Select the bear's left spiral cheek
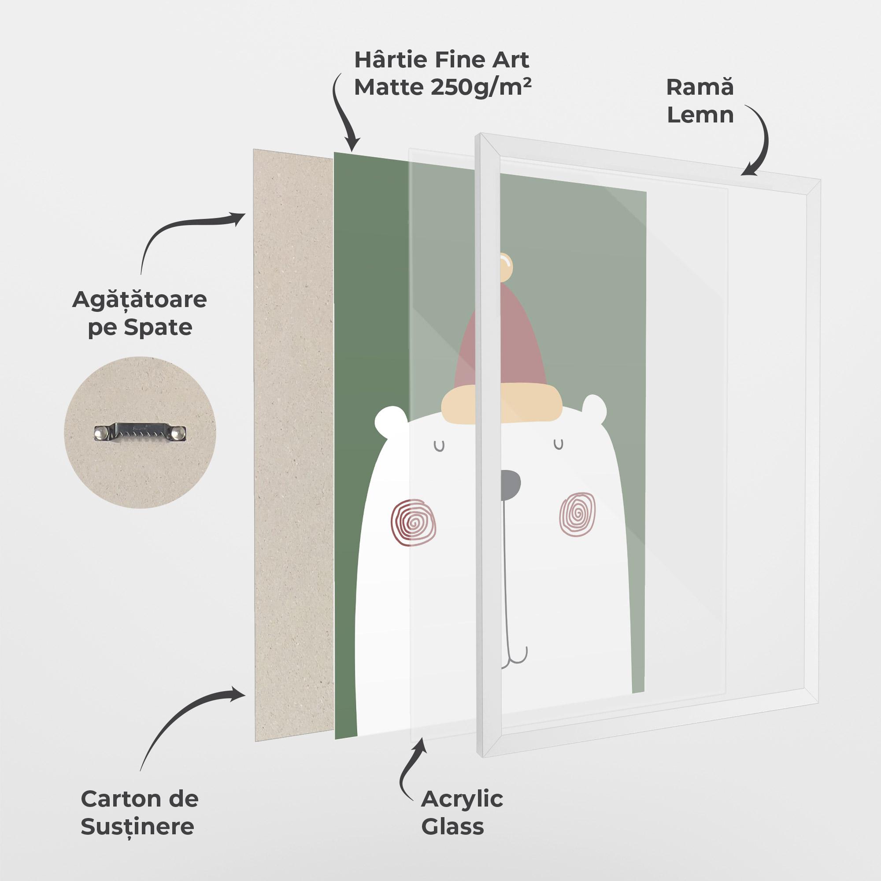(413, 522)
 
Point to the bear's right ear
(595, 407)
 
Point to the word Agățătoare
(140, 300)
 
